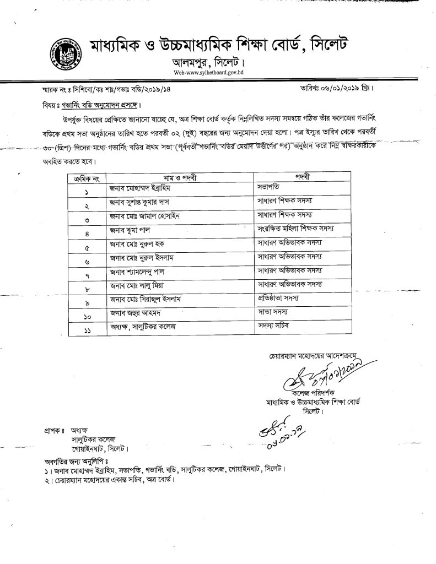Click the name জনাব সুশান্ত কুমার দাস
tap(145, 202)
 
